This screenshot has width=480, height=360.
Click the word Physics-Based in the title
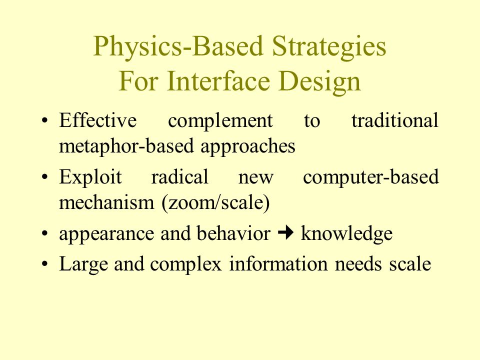coord(178,46)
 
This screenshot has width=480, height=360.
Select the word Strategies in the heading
coord(329,46)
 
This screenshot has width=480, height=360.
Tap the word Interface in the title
coord(218,81)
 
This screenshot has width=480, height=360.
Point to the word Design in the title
coord(320,81)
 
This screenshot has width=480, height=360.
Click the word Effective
coord(97,120)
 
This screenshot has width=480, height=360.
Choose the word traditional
coord(395,120)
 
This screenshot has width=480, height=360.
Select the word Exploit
coord(90,177)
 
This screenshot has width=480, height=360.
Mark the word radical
coord(179,176)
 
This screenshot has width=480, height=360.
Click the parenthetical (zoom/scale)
coord(215,203)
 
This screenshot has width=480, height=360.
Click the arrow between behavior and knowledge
coord(285,233)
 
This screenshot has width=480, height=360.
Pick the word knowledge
coord(346,234)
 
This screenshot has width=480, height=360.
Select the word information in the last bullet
coord(278,263)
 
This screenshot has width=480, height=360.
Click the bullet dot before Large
coord(44,264)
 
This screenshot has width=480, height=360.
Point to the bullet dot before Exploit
coord(44,177)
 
